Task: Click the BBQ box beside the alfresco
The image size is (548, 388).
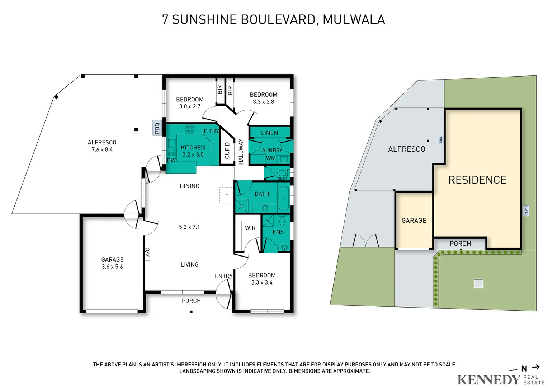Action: point(157,128)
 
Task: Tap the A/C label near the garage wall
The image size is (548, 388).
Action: point(147,252)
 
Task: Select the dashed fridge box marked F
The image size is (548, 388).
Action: point(226,195)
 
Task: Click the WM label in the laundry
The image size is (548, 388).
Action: point(271,158)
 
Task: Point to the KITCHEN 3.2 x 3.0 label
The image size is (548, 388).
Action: point(193,151)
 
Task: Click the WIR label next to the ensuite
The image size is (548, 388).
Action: point(250,228)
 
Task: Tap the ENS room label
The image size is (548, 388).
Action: point(278,232)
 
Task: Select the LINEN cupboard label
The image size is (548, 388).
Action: point(269,133)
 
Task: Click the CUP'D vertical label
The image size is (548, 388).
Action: point(227,151)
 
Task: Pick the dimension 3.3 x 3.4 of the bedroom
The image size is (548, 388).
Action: point(262,283)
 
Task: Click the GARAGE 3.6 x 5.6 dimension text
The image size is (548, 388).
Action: point(112,267)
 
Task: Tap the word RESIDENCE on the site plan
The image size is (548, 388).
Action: point(477,180)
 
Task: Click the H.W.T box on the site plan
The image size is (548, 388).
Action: point(526,210)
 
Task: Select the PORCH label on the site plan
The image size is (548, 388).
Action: point(460,244)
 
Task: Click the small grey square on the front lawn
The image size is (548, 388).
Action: point(478,283)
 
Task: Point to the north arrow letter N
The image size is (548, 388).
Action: point(524,369)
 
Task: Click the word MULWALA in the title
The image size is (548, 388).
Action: point(354,19)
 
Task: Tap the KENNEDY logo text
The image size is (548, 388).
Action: point(488,379)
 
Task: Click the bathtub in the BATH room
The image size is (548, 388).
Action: point(283,198)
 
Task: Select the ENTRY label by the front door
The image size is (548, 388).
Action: point(223,276)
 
